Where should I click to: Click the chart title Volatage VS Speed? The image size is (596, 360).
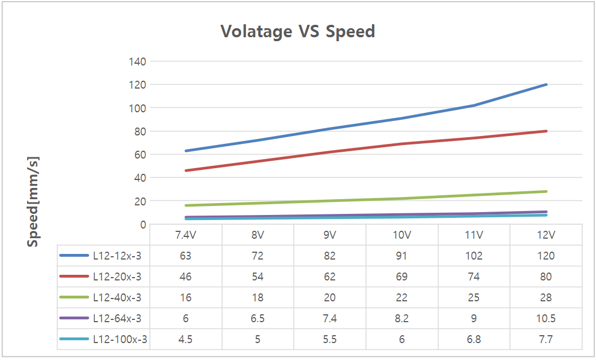[x=297, y=31]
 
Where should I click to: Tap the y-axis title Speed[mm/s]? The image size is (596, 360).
[x=33, y=201]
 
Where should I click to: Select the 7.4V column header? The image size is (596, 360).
[x=186, y=235]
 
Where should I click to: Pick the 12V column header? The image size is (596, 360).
[x=546, y=235]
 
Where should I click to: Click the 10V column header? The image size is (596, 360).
[x=402, y=235]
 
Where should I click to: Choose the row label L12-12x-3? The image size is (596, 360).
[x=117, y=256]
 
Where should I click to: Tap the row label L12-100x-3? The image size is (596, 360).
[x=120, y=339]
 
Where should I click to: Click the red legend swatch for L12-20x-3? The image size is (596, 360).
[x=74, y=276]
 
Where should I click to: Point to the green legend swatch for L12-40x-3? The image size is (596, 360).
[x=74, y=297]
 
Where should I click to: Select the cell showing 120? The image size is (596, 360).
[x=546, y=256]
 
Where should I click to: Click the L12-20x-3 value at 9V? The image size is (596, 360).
[x=330, y=276]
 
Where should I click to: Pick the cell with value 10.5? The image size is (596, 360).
[x=546, y=318]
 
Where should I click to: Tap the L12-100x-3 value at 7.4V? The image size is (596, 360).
[x=186, y=339]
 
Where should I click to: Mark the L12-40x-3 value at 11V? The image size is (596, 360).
[x=474, y=297]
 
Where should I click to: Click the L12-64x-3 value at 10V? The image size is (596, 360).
[x=402, y=318]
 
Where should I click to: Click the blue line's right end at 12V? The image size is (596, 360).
[x=546, y=85]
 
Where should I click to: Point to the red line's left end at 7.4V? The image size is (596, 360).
[x=186, y=170]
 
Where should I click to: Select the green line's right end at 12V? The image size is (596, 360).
[x=546, y=191]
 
